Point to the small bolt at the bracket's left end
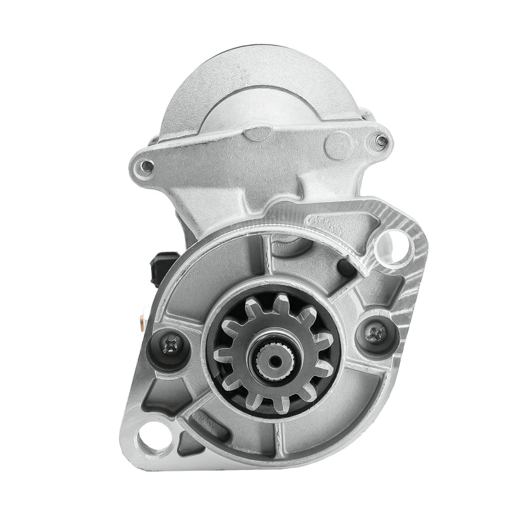(148, 165)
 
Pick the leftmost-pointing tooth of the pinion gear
(221, 357)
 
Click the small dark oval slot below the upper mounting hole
(348, 267)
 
